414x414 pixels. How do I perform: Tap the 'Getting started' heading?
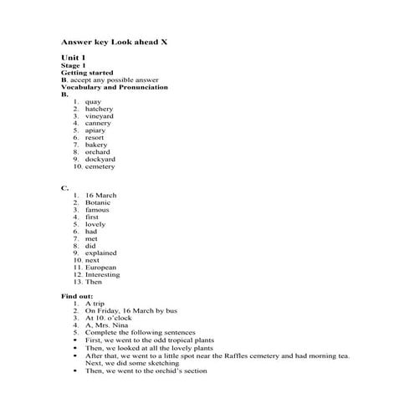[x=88, y=73]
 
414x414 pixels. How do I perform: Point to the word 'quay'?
[x=93, y=102]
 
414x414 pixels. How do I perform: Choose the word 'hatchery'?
[x=99, y=109]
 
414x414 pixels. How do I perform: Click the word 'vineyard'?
[x=100, y=116]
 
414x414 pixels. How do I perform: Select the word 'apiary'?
[x=95, y=130]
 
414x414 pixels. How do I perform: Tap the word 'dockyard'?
[x=100, y=159]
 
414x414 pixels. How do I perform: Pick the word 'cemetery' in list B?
[x=100, y=166]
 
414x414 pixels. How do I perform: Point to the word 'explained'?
[x=101, y=253]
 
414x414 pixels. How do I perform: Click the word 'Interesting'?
[x=103, y=274]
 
